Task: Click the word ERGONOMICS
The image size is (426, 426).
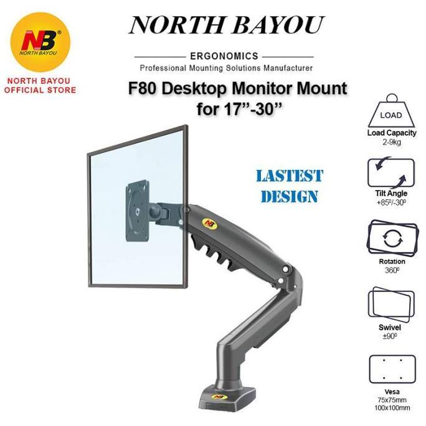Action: pos(225,56)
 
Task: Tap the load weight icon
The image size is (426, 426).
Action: pos(391,111)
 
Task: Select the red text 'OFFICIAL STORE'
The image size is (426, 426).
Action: pos(40,90)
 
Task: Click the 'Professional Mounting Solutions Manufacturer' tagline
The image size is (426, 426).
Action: pos(225,67)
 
